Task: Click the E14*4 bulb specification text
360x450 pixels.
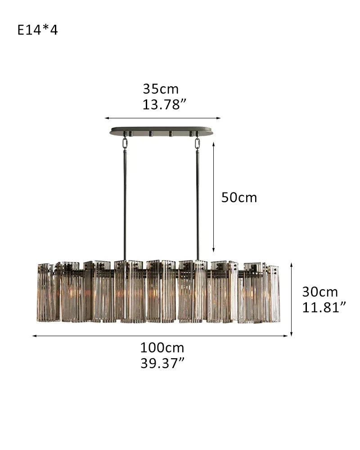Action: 38,30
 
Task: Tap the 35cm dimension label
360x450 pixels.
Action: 161,89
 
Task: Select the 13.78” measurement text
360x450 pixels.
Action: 164,104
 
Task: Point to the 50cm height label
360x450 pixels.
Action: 239,198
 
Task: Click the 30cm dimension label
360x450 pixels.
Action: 319,292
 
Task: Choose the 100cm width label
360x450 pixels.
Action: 162,347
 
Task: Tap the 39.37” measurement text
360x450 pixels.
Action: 162,363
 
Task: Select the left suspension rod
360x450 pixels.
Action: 125,202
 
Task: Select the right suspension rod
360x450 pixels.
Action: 197,202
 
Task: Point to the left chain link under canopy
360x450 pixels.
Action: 125,143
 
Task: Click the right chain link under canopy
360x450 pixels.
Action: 197,143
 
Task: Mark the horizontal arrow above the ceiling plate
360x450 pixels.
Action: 162,118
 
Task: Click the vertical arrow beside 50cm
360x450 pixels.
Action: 213,198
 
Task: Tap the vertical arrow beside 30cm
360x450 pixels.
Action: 292,299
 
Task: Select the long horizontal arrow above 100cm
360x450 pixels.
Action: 160,336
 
